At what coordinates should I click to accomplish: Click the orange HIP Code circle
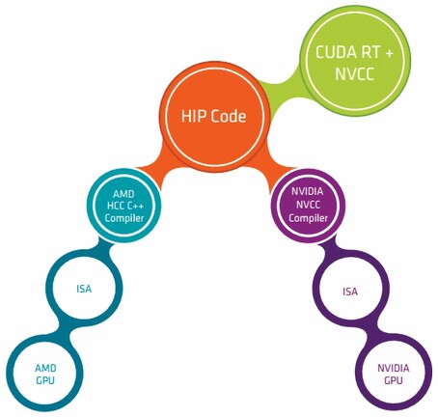tap(214, 117)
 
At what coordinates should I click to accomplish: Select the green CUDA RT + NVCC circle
tap(354, 63)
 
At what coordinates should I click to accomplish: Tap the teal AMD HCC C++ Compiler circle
tap(123, 206)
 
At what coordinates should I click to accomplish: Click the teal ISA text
tap(84, 289)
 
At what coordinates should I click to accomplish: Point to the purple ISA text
tap(350, 292)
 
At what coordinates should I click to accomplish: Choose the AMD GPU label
tap(45, 374)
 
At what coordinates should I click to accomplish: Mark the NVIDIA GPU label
tap(394, 374)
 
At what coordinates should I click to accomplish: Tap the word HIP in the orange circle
tap(190, 116)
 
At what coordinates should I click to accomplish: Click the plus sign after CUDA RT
tap(389, 53)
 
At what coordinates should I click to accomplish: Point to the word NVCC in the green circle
tap(354, 74)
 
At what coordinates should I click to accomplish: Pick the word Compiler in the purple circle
tap(308, 217)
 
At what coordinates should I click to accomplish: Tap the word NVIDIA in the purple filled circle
tap(307, 191)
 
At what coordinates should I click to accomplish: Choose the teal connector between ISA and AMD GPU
tap(65, 330)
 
